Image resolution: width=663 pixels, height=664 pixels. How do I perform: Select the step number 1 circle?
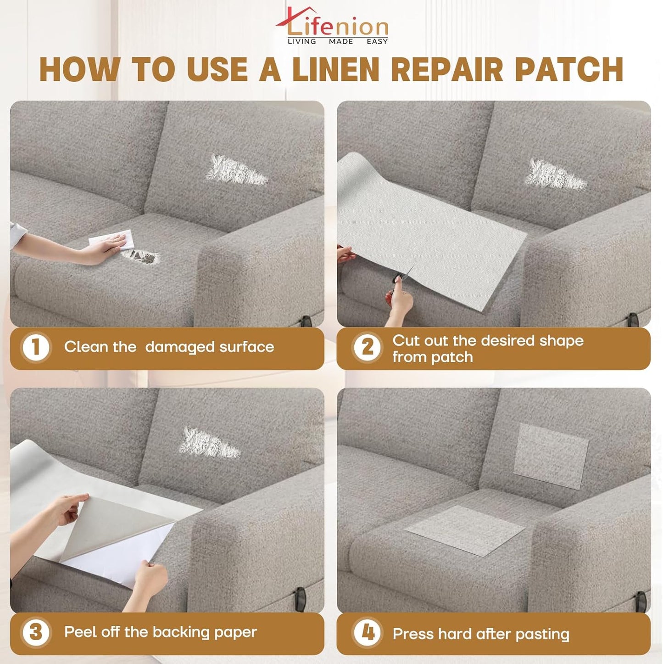[36, 347]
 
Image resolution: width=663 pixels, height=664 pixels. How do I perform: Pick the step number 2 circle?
[367, 347]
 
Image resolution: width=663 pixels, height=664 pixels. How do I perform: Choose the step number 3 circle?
[36, 632]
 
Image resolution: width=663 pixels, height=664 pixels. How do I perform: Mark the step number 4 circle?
[367, 632]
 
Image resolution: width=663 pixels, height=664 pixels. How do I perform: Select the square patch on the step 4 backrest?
[550, 455]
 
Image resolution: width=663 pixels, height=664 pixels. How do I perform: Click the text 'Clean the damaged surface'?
[169, 347]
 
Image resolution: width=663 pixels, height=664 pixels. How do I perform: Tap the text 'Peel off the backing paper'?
[160, 632]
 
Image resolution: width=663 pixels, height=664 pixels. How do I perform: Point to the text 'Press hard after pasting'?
[480, 634]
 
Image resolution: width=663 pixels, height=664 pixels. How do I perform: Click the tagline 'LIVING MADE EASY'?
[337, 41]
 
